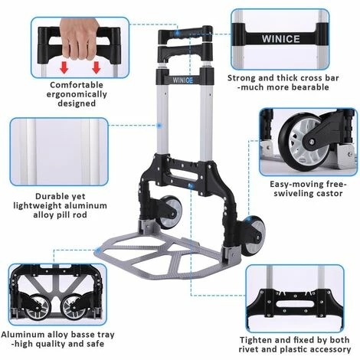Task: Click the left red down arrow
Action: (x=64, y=67)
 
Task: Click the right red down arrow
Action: (x=96, y=67)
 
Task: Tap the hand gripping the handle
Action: (x=80, y=38)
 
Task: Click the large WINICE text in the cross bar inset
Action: (x=280, y=39)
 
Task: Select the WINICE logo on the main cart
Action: (x=182, y=80)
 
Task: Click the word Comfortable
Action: (x=77, y=85)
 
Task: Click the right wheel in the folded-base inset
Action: (x=73, y=307)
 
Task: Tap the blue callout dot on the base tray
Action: (x=97, y=251)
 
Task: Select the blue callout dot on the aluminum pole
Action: (x=159, y=126)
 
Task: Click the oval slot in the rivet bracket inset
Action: (x=296, y=304)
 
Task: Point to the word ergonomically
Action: (x=77, y=94)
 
